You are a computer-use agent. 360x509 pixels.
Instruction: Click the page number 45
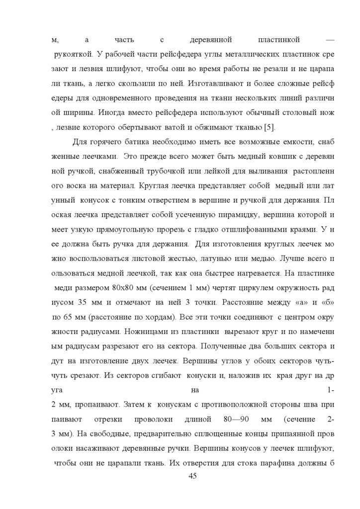[193, 476]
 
